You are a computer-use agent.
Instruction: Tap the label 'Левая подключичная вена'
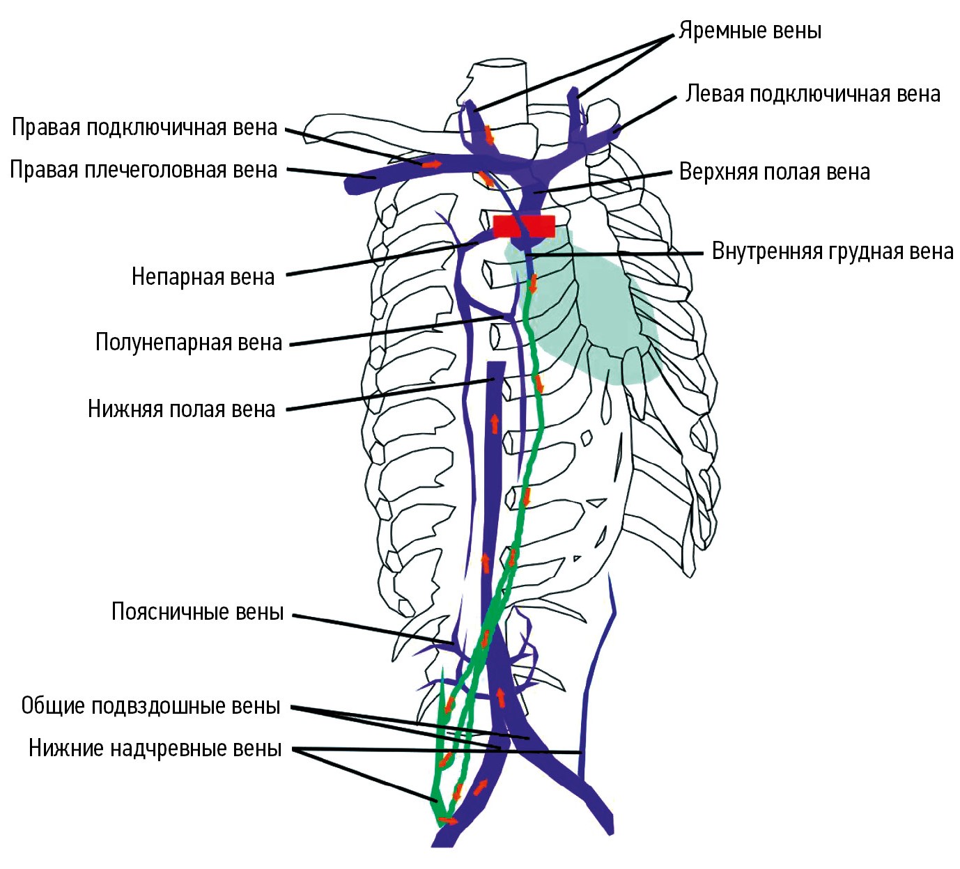click(x=812, y=94)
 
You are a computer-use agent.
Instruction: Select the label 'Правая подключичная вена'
click(x=144, y=127)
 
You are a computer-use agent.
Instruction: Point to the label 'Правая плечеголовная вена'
click(x=144, y=170)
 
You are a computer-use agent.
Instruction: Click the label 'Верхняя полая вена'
click(x=774, y=172)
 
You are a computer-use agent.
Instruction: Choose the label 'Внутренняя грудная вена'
click(x=833, y=251)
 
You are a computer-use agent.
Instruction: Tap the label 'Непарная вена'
click(x=203, y=276)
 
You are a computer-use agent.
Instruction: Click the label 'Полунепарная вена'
click(x=189, y=342)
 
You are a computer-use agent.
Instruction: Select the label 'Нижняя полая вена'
click(x=181, y=409)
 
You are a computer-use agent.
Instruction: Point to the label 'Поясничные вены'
click(x=198, y=611)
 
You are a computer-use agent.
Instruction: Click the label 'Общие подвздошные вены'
click(x=150, y=706)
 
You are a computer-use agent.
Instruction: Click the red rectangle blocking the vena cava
click(x=524, y=226)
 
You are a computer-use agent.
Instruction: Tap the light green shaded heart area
click(x=587, y=306)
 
